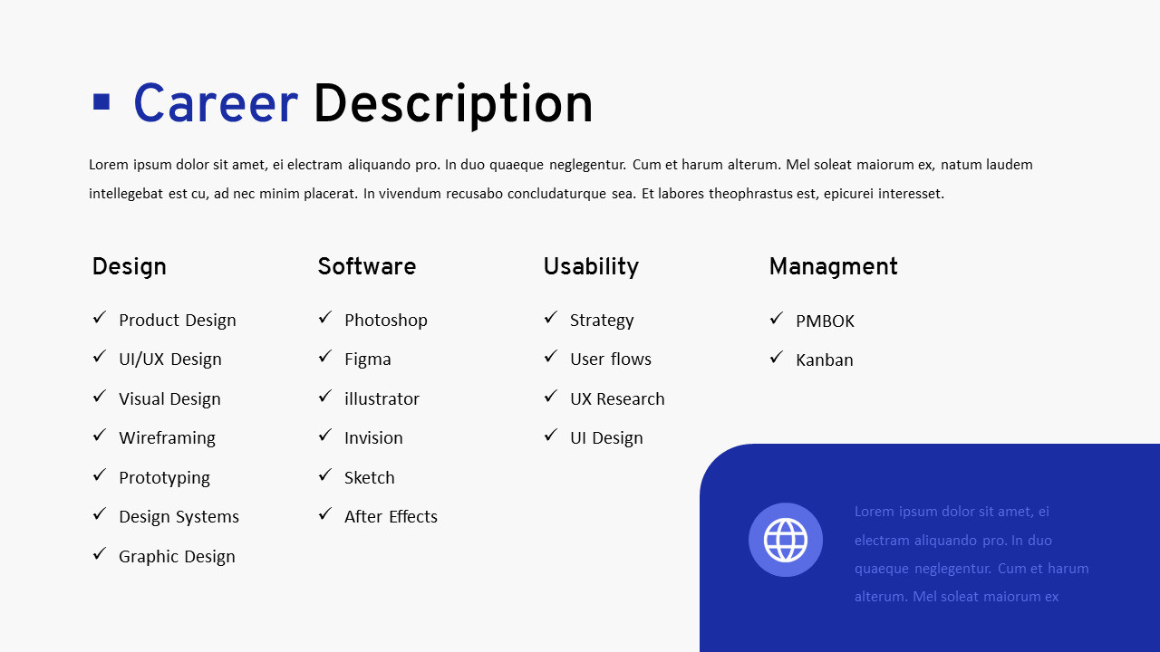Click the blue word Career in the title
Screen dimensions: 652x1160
click(x=215, y=105)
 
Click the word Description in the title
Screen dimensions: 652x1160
click(x=452, y=105)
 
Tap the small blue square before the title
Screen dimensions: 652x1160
click(x=101, y=101)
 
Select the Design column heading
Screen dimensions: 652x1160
click(x=129, y=266)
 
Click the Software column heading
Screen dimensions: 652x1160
click(x=366, y=266)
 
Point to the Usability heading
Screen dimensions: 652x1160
click(x=591, y=266)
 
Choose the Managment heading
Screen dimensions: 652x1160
click(x=833, y=266)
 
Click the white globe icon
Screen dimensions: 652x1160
click(x=786, y=540)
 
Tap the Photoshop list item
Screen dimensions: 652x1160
click(x=385, y=321)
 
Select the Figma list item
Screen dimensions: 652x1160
click(x=367, y=360)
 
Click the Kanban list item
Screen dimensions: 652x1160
click(x=824, y=360)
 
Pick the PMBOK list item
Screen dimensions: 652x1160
click(x=825, y=321)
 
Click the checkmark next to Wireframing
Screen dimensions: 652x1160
click(x=100, y=436)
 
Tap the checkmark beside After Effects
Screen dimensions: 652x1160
click(x=325, y=514)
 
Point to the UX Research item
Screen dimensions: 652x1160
click(x=617, y=399)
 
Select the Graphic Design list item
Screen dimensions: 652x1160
click(x=177, y=557)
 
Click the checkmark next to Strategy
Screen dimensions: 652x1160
click(x=551, y=318)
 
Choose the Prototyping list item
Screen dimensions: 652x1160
click(x=164, y=478)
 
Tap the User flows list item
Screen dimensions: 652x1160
click(x=610, y=360)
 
